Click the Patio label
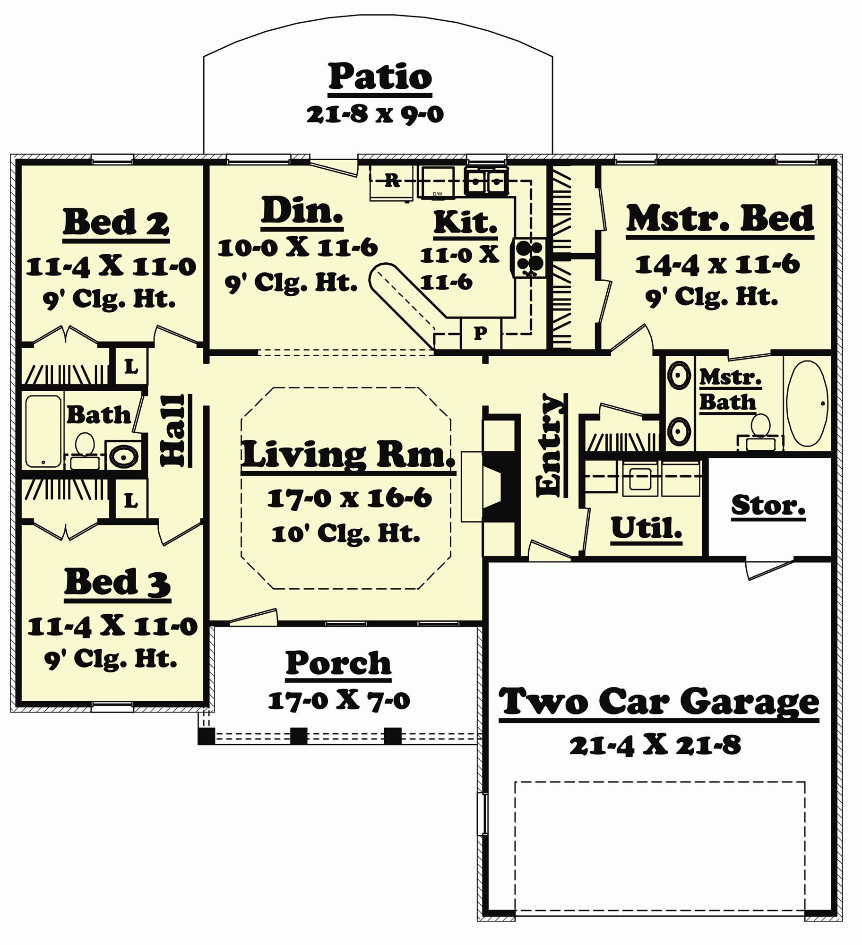[380, 77]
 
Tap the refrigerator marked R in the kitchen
[391, 181]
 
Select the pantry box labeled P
[480, 334]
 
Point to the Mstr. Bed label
[720, 219]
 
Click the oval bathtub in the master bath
[807, 403]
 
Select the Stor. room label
[768, 506]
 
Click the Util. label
[646, 528]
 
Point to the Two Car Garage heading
[659, 702]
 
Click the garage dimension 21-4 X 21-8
[655, 746]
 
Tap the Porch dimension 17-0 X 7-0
[338, 701]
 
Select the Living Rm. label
[348, 455]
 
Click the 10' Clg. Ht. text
[345, 534]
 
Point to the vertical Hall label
[173, 430]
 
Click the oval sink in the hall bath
[124, 456]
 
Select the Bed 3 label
[117, 583]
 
